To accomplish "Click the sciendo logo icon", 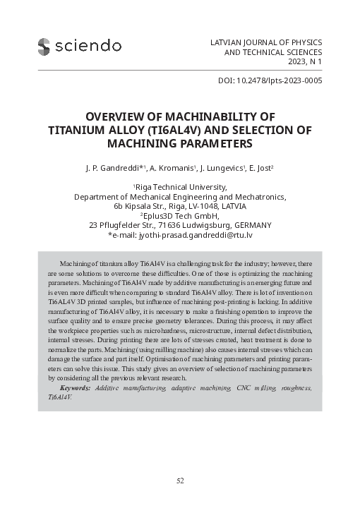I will (45, 46).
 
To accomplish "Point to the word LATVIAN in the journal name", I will (227, 42).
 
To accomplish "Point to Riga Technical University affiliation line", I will (181, 187).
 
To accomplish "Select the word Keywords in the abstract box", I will (76, 388).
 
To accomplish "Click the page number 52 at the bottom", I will (180, 480).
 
